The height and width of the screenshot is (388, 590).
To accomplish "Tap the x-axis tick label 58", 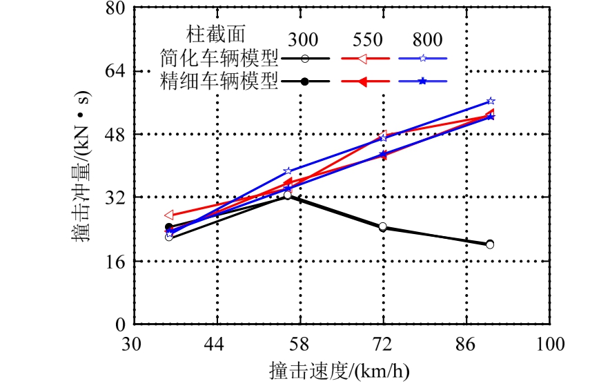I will pyautogui.click(x=300, y=343).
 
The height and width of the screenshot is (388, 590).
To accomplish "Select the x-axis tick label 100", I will pyautogui.click(x=550, y=343).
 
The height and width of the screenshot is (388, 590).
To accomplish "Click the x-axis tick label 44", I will pyautogui.click(x=217, y=343).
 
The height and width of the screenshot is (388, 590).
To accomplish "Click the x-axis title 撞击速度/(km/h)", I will pyautogui.click(x=339, y=371).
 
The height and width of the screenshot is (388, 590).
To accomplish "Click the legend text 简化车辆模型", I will pyautogui.click(x=219, y=58).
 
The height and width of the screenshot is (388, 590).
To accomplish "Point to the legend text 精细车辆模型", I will pyautogui.click(x=219, y=81).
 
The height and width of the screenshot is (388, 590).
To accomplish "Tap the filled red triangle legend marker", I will pyautogui.click(x=363, y=81).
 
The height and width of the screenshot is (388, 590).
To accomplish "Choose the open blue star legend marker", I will pyautogui.click(x=423, y=59).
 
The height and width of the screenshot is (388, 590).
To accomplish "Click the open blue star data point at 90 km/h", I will pyautogui.click(x=491, y=101).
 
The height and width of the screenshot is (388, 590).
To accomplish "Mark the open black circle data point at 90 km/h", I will pyautogui.click(x=490, y=244).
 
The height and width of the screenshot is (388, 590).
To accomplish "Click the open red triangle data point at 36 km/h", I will pyautogui.click(x=168, y=215).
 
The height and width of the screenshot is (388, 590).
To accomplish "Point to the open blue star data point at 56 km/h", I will pyautogui.click(x=288, y=171).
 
